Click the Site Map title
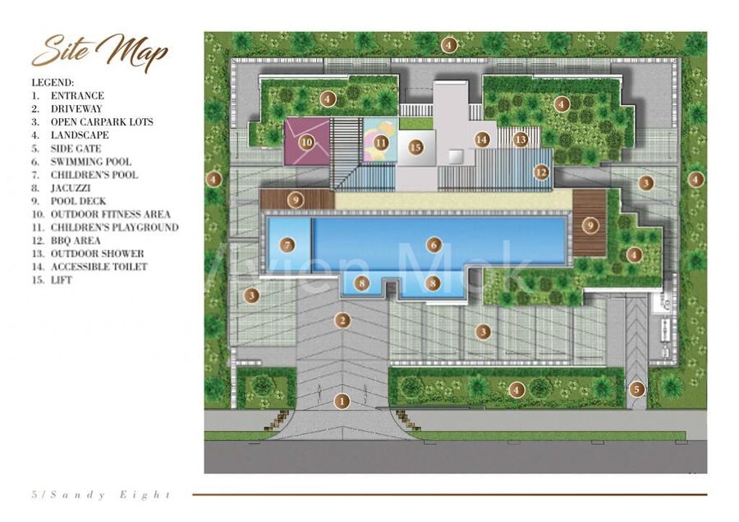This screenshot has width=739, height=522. (100, 51)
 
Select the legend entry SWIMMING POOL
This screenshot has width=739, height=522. (81, 162)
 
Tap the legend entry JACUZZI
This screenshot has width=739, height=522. (62, 188)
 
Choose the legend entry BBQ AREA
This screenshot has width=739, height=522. (66, 240)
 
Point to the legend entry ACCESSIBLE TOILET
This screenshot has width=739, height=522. (90, 267)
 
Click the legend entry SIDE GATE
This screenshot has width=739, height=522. (67, 149)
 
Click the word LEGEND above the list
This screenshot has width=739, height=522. (53, 83)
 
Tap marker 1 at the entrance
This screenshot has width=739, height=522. (342, 401)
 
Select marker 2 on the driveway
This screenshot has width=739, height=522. (342, 320)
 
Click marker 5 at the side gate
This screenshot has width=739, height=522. (636, 389)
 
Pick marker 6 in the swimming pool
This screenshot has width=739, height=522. (434, 245)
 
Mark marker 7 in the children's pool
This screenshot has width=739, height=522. (287, 245)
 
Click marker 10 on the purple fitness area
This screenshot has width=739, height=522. (307, 141)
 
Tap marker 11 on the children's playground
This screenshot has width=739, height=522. (381, 142)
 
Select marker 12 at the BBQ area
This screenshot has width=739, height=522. (542, 172)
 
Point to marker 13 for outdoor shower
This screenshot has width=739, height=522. (521, 140)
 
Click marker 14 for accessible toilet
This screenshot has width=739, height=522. (482, 140)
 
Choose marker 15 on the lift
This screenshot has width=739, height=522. (415, 148)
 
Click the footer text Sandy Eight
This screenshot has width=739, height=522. (110, 495)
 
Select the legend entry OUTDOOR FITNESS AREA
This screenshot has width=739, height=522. (101, 214)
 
